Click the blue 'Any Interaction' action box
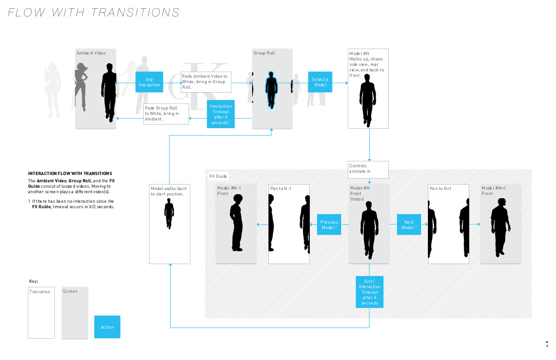tap(149, 82)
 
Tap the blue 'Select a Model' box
tap(320, 82)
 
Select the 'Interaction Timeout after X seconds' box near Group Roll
tap(221, 114)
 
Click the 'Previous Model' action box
tap(329, 225)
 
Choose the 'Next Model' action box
tap(409, 225)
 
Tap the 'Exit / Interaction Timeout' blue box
tap(369, 292)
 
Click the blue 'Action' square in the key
tap(107, 327)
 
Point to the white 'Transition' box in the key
tap(41, 312)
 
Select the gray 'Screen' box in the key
tap(75, 312)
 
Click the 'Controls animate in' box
tap(368, 169)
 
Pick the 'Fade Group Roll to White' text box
tap(166, 114)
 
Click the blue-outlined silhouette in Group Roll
tap(271, 90)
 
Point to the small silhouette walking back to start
tap(169, 215)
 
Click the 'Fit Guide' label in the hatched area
tap(218, 176)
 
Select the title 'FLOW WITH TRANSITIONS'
tap(94, 12)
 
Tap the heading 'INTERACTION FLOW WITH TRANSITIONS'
tap(70, 174)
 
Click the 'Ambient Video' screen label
tap(91, 53)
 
